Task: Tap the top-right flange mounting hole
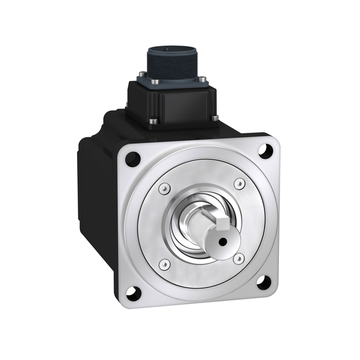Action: tap(263, 150)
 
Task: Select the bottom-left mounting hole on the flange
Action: tap(133, 293)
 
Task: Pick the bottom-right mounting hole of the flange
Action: tap(263, 282)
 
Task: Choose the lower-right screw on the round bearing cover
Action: tap(238, 258)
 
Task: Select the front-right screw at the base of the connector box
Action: tap(214, 117)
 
